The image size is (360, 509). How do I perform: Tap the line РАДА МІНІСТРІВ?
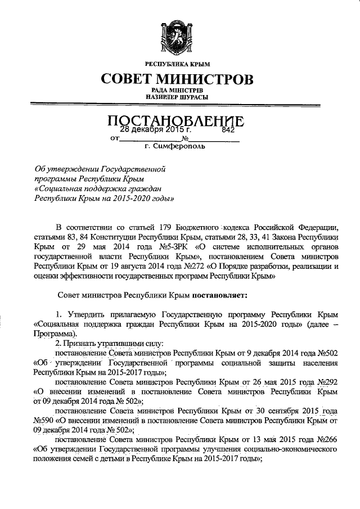pyautogui.click(x=180, y=90)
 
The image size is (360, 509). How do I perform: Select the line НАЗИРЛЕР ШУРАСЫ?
pyautogui.click(x=180, y=97)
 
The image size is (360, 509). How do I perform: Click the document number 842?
pyautogui.click(x=228, y=129)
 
